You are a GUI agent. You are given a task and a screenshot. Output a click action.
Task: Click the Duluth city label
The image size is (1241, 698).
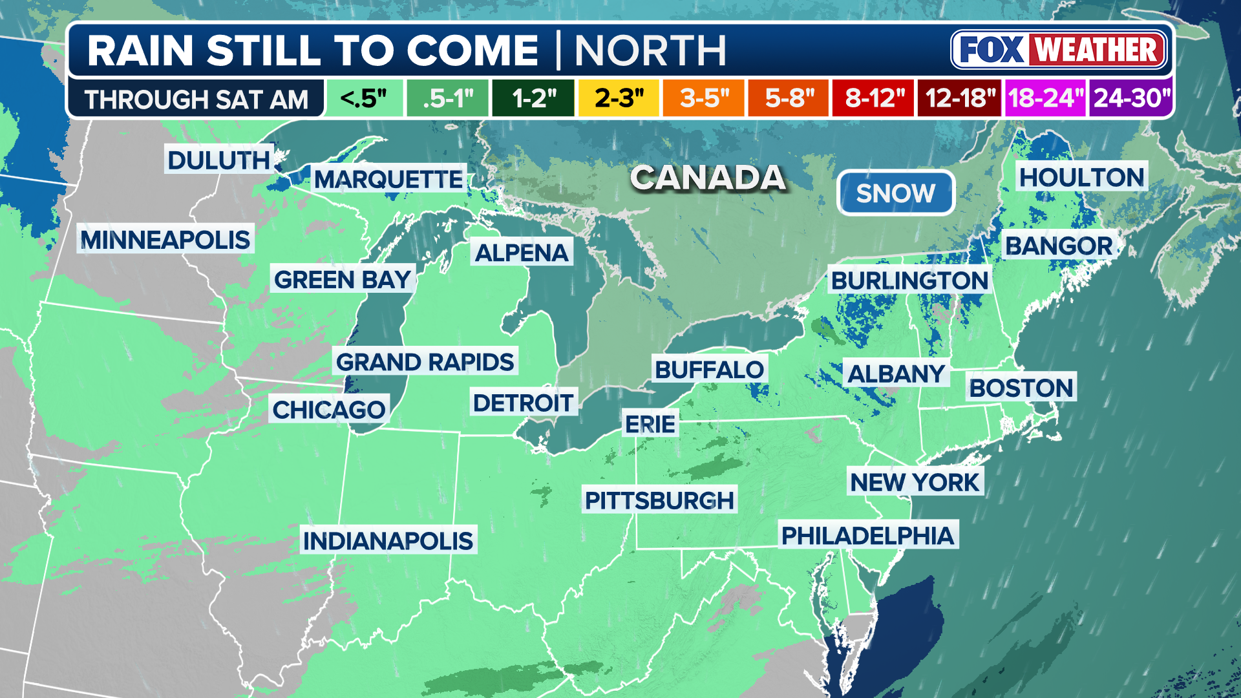click(218, 160)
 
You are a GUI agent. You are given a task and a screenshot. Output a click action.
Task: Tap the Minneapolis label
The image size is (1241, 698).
click(165, 240)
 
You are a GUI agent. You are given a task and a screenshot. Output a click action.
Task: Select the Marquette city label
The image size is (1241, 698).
click(388, 179)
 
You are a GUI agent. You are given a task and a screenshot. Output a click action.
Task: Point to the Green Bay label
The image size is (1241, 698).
click(343, 280)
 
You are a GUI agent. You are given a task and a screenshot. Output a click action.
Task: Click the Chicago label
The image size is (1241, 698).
click(328, 409)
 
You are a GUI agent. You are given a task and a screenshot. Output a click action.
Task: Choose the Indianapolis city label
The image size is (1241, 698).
click(388, 540)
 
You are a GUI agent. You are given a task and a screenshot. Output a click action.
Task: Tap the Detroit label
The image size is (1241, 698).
click(523, 403)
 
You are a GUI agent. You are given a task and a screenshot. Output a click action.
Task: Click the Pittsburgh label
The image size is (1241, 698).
click(659, 500)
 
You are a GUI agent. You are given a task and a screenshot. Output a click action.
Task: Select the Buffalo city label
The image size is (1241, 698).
click(709, 370)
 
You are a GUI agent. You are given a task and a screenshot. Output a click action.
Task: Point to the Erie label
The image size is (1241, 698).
click(650, 424)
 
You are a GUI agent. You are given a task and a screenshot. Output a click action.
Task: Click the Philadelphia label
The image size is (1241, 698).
click(867, 535)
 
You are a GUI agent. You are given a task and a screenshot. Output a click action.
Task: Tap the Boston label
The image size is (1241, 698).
click(1021, 387)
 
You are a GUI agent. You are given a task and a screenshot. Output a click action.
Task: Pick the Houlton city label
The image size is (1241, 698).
click(1081, 176)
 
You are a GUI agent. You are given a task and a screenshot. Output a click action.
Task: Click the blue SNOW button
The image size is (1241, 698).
click(895, 193)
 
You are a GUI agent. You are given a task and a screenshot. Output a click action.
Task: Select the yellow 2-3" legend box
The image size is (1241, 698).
click(619, 98)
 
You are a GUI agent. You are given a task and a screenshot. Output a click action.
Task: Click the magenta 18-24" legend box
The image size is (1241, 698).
click(1045, 98)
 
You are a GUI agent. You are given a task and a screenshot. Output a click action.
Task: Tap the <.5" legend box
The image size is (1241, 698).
click(364, 98)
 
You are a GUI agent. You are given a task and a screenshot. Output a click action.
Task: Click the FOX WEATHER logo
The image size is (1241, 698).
click(1059, 50)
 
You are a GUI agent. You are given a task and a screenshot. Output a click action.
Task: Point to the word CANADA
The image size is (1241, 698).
click(708, 178)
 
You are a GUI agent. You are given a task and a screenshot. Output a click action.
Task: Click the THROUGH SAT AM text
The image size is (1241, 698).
click(196, 100)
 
